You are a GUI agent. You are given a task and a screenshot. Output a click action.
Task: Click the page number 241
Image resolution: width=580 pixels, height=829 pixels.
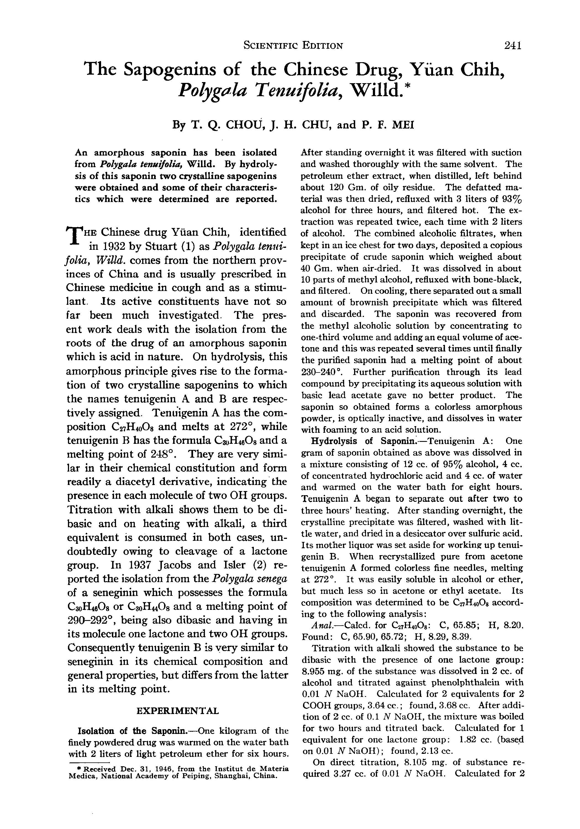(x=513, y=46)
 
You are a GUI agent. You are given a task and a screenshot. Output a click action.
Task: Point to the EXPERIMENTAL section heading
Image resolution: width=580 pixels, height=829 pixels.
(x=178, y=711)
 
